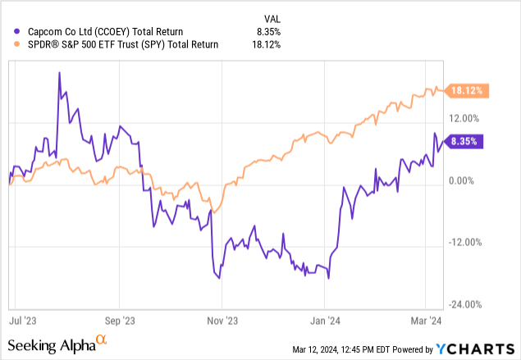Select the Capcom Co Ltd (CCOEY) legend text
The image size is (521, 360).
pos(105,31)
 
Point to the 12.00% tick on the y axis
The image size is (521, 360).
pos(468,120)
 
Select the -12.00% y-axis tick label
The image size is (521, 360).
pos(468,242)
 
